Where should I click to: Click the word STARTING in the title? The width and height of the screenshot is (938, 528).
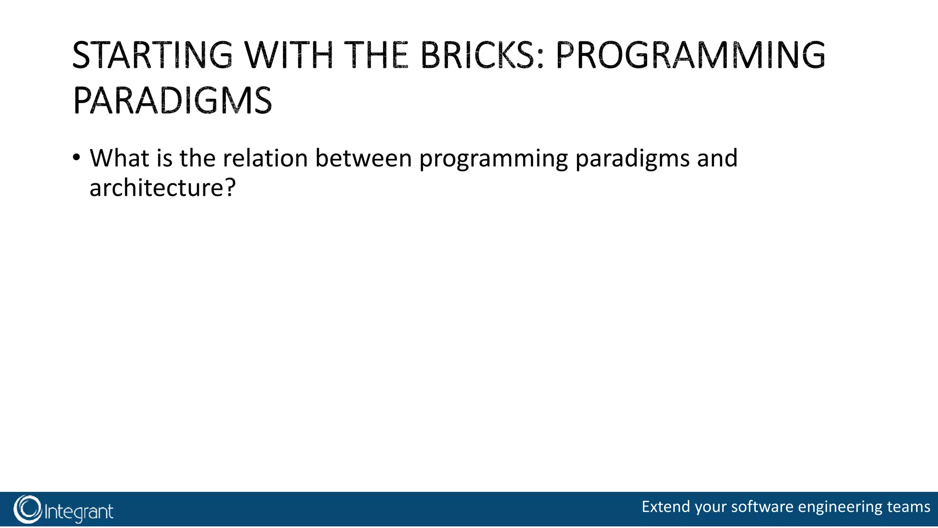click(x=153, y=55)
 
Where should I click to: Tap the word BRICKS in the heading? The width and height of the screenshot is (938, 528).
click(x=482, y=55)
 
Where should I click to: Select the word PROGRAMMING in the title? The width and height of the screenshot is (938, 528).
click(x=690, y=55)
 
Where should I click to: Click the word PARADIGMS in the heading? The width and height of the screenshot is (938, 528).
click(x=172, y=101)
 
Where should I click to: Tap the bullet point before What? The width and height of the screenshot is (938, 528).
click(x=76, y=158)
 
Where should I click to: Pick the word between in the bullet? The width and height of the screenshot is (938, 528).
click(x=364, y=158)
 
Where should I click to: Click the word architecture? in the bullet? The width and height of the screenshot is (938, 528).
click(x=162, y=188)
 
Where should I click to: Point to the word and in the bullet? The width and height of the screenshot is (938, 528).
click(x=717, y=158)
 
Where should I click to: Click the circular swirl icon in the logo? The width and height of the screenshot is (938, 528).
click(x=27, y=509)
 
